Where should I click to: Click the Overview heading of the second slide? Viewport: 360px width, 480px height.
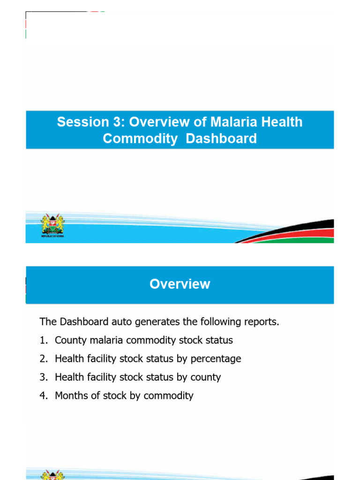click(x=180, y=284)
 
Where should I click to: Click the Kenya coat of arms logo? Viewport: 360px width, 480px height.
click(x=52, y=224)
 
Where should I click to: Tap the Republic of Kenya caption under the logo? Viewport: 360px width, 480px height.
click(x=52, y=236)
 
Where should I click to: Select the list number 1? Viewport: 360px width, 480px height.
click(x=43, y=340)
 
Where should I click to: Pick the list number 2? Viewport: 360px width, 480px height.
click(x=43, y=359)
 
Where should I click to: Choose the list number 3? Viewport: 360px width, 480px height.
click(x=43, y=377)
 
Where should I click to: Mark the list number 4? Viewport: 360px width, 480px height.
click(x=43, y=396)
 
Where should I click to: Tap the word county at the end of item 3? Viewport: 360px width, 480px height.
click(x=205, y=377)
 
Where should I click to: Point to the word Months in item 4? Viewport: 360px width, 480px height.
click(x=70, y=396)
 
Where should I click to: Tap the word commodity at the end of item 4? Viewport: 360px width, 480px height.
click(x=168, y=396)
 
